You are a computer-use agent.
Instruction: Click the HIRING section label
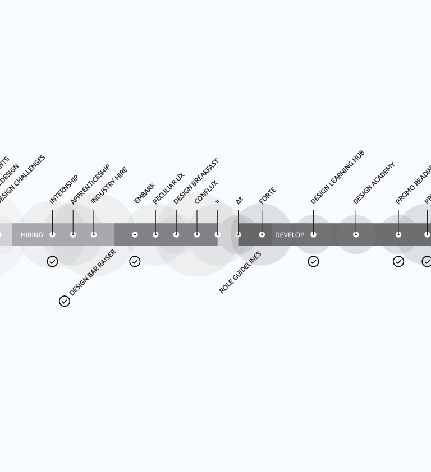click(x=31, y=235)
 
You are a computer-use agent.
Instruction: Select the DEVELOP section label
click(x=290, y=235)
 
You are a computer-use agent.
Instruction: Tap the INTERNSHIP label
click(x=63, y=189)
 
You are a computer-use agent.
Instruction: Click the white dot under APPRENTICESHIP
click(x=73, y=234)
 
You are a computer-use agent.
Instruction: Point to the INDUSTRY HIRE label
click(x=109, y=186)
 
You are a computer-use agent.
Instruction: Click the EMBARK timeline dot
click(x=135, y=234)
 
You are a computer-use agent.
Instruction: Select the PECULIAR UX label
click(x=168, y=188)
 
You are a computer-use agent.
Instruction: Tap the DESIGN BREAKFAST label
click(x=196, y=181)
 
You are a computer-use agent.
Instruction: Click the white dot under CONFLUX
click(x=197, y=234)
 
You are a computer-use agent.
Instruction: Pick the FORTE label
click(x=268, y=195)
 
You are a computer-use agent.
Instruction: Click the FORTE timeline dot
click(x=262, y=234)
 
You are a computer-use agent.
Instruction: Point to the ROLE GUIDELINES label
click(x=240, y=272)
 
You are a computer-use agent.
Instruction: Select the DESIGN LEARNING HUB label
click(x=337, y=177)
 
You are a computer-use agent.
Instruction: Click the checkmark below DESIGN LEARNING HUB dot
click(x=313, y=262)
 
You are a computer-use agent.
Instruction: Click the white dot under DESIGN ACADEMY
click(x=356, y=234)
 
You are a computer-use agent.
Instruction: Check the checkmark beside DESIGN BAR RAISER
click(x=65, y=301)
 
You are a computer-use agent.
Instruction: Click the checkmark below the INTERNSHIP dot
click(x=52, y=262)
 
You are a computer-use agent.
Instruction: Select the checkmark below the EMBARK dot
click(x=135, y=262)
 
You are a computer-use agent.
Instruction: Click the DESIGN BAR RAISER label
click(x=93, y=272)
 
